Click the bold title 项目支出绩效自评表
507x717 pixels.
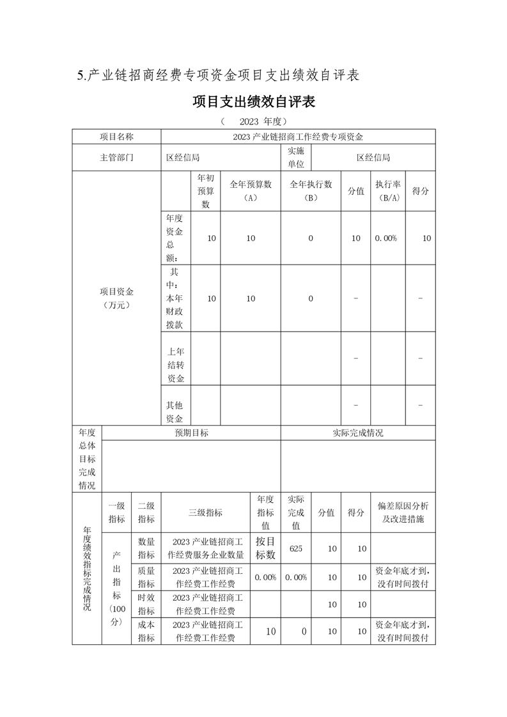coord(254,102)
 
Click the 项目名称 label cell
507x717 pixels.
coord(116,137)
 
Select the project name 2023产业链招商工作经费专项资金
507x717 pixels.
coord(298,137)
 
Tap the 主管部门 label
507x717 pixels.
coord(116,157)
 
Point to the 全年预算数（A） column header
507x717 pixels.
coord(250,190)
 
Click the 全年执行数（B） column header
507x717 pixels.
coord(311,190)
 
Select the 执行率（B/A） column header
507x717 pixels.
coord(388,190)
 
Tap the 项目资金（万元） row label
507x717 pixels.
coord(116,298)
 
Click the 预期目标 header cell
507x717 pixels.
coord(191,433)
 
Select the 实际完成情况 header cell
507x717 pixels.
coord(358,433)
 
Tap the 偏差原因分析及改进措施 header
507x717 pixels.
coord(403,513)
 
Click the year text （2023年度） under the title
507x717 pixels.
coord(254,121)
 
